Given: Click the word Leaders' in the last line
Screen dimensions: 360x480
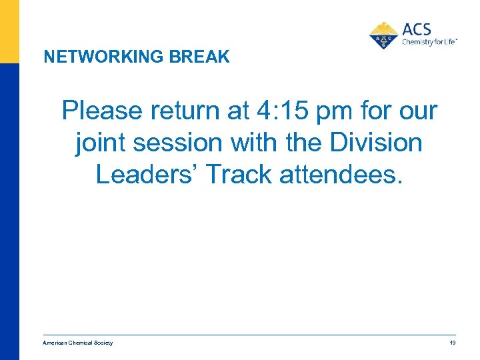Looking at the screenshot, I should click(147, 174).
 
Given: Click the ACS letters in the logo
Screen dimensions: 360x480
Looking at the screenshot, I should click(417, 30).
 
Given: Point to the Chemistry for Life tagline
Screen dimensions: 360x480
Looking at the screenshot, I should click(429, 42).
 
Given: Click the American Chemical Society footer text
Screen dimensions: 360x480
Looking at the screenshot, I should click(78, 343).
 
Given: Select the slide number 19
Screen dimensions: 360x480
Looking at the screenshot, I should click(453, 343).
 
